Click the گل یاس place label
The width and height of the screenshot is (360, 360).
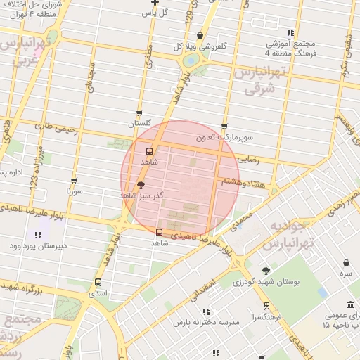tap(154, 13)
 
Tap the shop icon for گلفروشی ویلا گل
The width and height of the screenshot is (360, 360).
tap(200, 36)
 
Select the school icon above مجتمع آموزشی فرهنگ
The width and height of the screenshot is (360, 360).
tap(290, 32)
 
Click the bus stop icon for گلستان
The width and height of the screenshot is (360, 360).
tap(139, 113)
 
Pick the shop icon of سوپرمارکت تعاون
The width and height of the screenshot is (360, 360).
tap(224, 127)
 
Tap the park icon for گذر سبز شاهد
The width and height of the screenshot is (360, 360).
tap(141, 186)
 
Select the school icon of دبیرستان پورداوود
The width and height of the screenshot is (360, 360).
tap(37, 235)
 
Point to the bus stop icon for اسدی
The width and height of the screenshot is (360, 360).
tap(98, 283)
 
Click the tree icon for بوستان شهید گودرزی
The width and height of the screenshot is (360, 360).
tap(265, 271)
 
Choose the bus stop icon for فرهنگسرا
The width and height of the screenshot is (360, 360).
tap(266, 306)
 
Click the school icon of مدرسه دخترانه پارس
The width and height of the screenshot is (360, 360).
tap(206, 311)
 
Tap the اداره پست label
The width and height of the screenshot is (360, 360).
tap(13, 172)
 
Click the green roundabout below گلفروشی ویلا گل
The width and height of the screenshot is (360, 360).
tap(190, 60)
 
